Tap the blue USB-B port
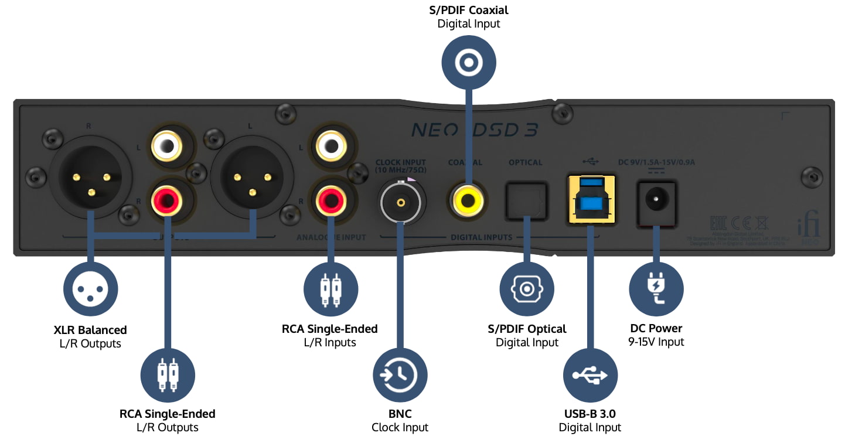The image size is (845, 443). coord(590,199)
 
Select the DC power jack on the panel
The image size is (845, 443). coord(656,201)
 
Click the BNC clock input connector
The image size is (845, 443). coord(401,203)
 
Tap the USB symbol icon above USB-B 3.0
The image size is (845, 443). coord(590,375)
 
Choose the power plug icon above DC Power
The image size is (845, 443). coord(656,289)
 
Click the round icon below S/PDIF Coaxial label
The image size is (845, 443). coord(468,62)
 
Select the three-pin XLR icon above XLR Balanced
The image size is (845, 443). coord(90,289)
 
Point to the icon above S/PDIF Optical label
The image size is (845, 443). coord(526,289)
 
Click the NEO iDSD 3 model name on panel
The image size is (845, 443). coord(474,130)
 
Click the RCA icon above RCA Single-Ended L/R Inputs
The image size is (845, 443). coord(330,289)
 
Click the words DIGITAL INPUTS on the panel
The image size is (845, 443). coord(481,237)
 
